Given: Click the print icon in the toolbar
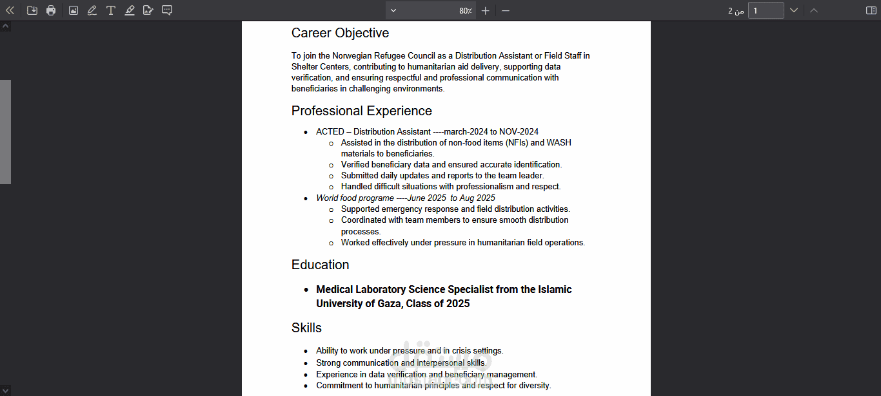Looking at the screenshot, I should (x=51, y=10).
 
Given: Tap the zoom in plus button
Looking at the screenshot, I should (x=486, y=10).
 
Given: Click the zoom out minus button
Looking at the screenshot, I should (x=506, y=10).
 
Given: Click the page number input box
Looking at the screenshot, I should (x=766, y=10).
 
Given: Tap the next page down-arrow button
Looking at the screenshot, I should (x=794, y=10).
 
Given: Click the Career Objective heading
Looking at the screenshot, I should (x=340, y=33).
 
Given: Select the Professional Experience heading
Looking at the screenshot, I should (x=361, y=111).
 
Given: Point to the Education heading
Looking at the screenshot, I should (x=320, y=265).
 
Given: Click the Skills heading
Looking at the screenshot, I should (x=306, y=328).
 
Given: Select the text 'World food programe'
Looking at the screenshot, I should (x=355, y=198).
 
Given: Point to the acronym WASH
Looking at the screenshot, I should (x=559, y=143).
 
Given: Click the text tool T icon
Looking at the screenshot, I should (x=111, y=10).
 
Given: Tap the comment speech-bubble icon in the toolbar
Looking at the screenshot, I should (x=167, y=10).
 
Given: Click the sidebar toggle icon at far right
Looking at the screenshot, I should (x=871, y=10).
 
